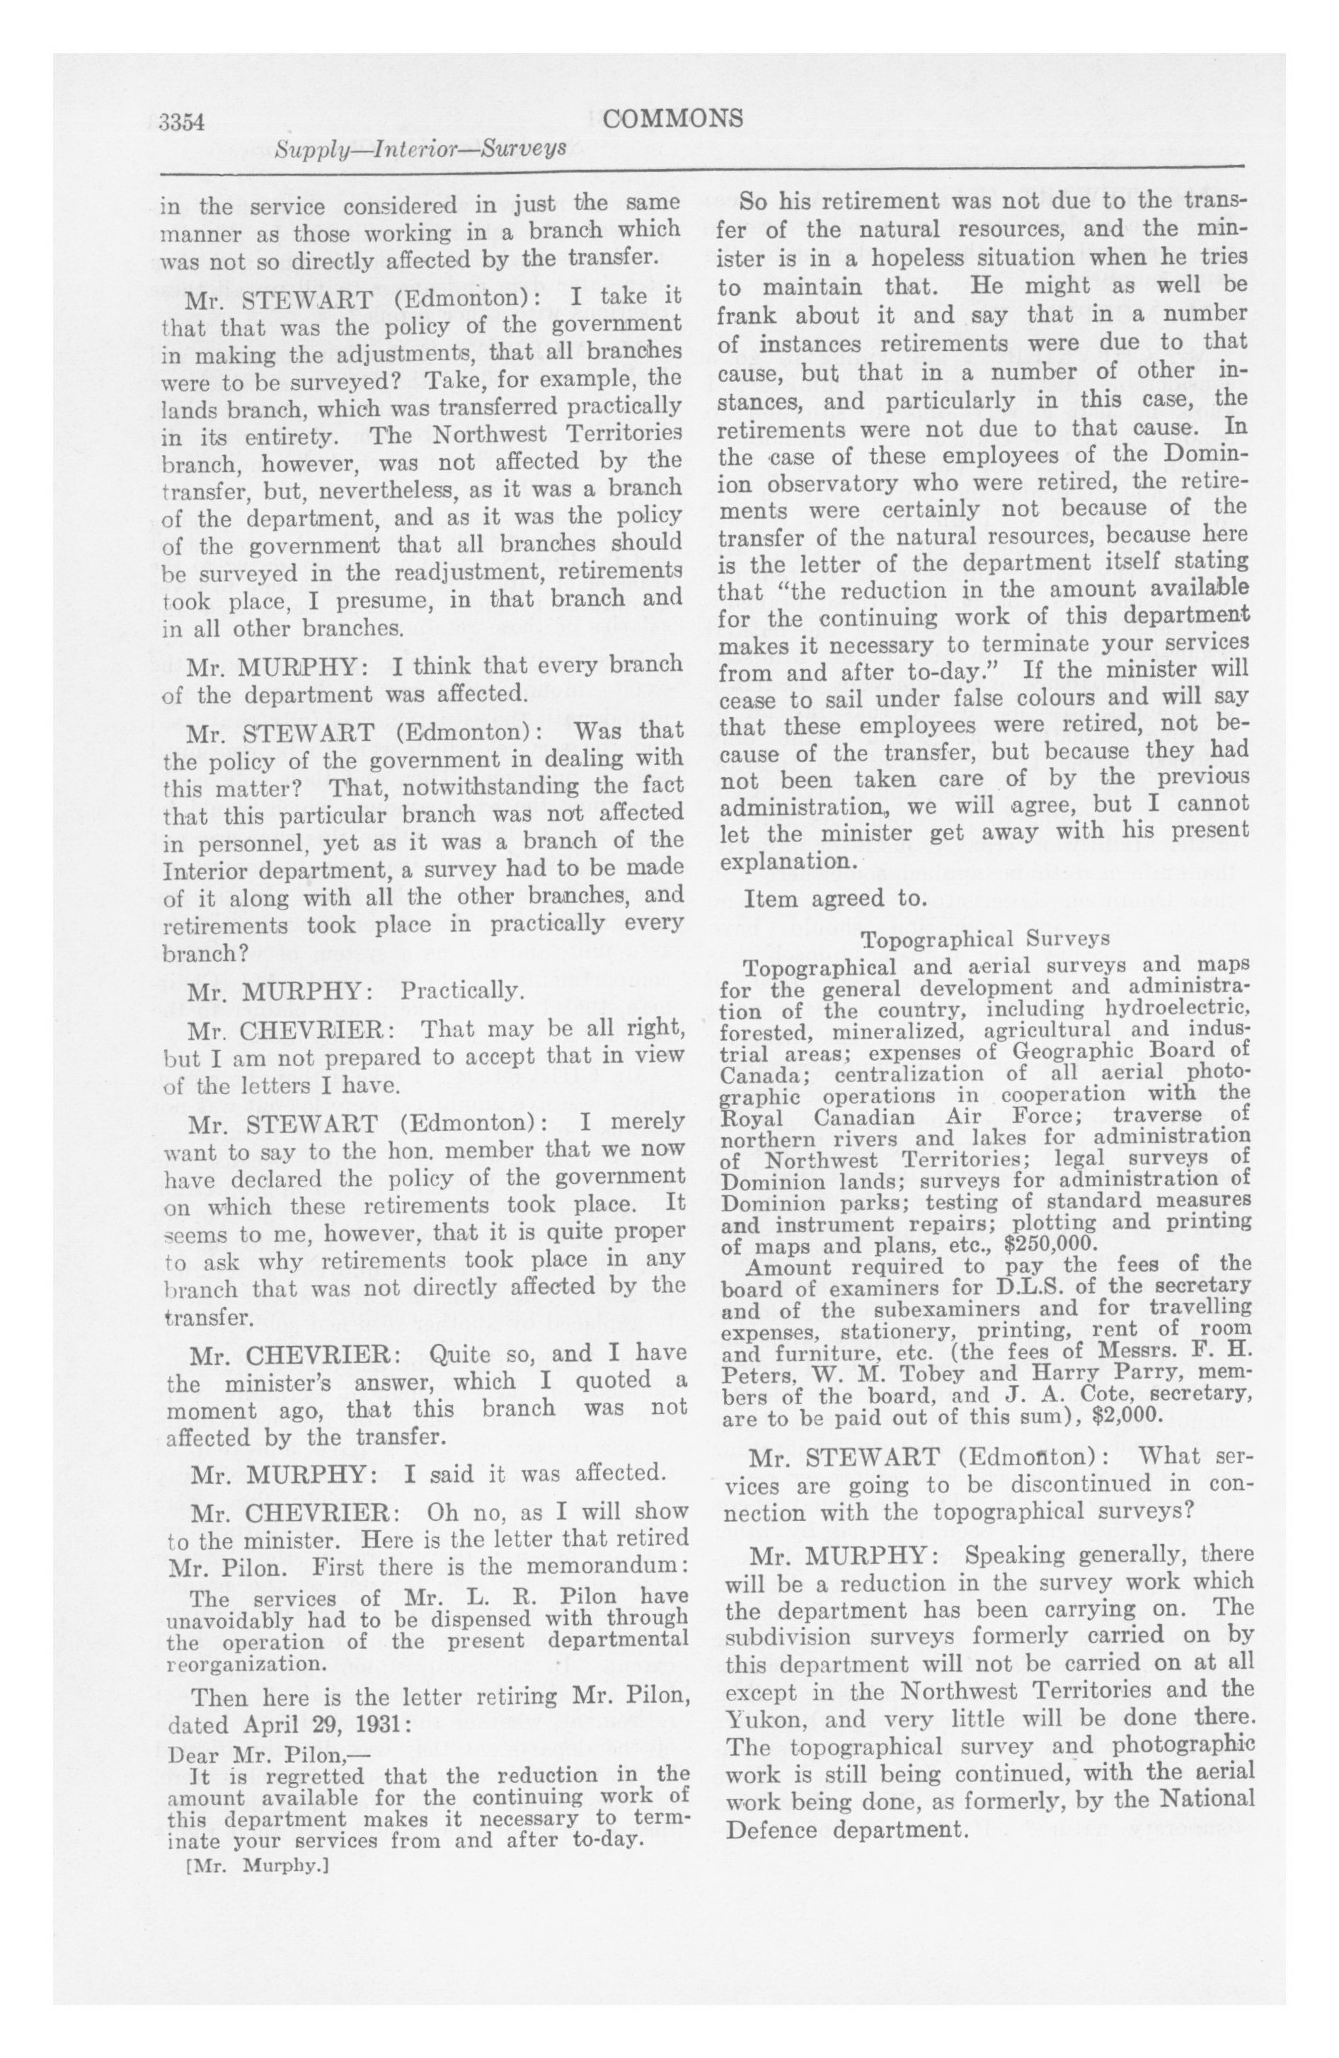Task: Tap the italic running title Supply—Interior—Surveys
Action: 420,149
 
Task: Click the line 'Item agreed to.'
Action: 834,899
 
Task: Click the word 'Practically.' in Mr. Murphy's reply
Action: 459,990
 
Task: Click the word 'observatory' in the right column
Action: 829,482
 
